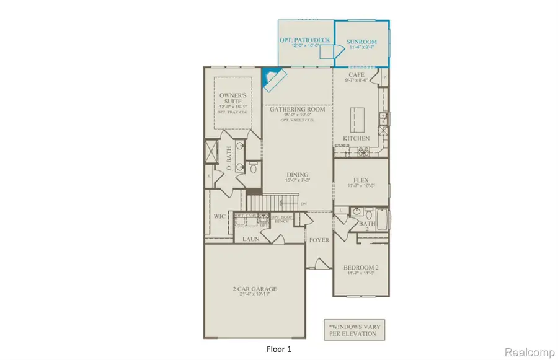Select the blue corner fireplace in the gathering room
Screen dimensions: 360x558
pos(270,79)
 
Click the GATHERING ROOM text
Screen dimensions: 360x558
pos(296,110)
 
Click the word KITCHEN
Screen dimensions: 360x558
pos(356,138)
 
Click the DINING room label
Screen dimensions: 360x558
pos(298,175)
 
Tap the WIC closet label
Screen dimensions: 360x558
pos(219,217)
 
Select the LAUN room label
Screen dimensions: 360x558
pos(251,239)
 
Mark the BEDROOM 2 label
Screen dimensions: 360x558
pos(361,268)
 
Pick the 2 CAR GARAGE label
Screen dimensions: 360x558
pos(255,289)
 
